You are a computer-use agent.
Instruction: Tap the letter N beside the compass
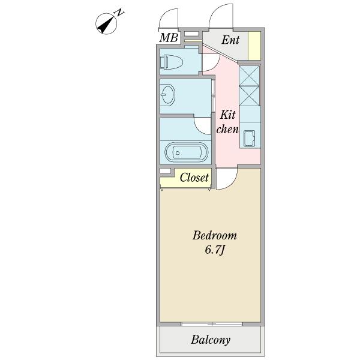pos(120,12)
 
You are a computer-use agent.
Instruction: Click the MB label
pos(168,38)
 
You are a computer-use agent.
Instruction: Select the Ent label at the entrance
pos(230,41)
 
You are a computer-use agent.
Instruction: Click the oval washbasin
pos(167,95)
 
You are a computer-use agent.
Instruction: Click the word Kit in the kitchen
pos(227,115)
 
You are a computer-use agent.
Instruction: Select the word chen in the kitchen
pos(227,129)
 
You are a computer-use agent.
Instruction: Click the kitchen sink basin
pos(250,139)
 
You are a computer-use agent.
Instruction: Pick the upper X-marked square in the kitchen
pos(250,76)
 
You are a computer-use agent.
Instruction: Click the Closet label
pos(194,178)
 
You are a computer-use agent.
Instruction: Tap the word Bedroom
pos(214,235)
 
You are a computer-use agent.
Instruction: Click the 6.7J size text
pos(214,250)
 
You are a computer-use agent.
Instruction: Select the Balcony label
pos(211,340)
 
